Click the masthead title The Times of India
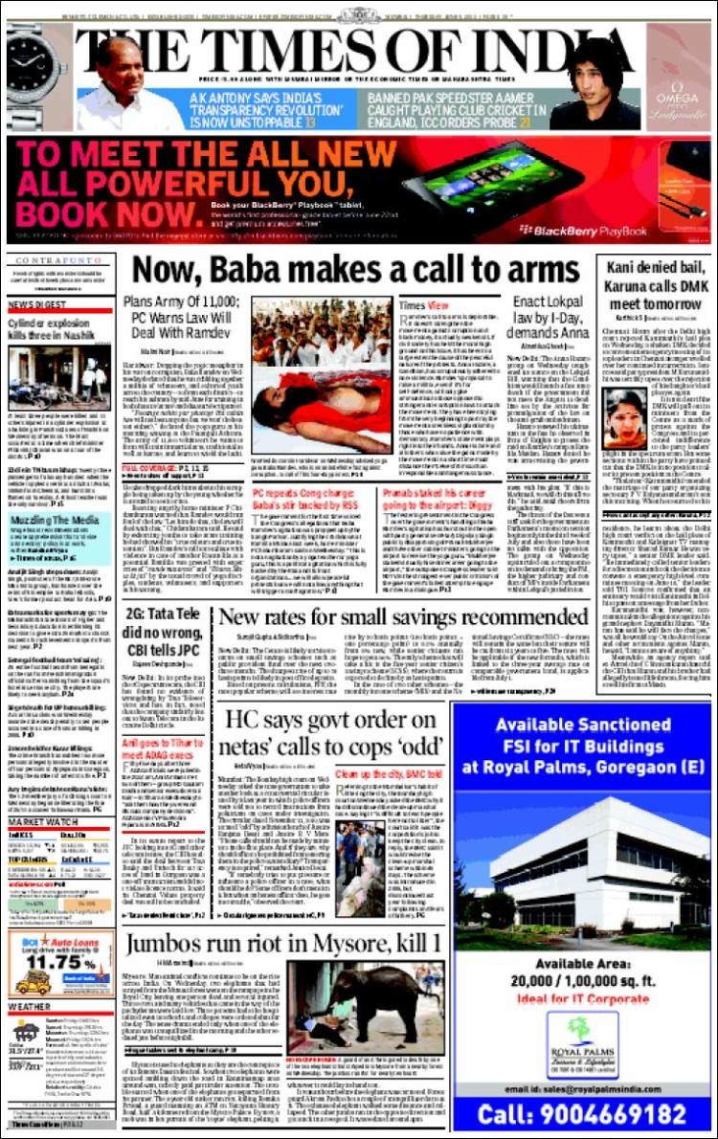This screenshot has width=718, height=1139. click(358, 46)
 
